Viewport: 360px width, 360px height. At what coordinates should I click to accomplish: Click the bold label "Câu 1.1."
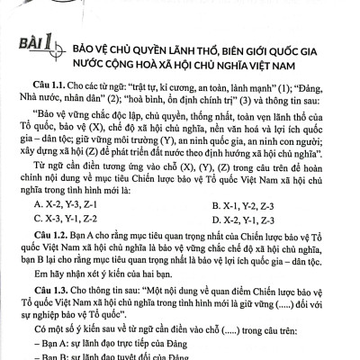click(x=51, y=80)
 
